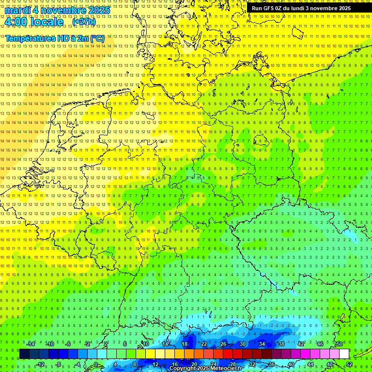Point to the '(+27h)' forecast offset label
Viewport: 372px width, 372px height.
[x=84, y=22]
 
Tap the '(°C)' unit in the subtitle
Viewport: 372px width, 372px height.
[x=96, y=38]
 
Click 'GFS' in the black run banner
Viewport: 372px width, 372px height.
[x=269, y=8]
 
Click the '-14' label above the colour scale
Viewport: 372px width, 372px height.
[x=31, y=344]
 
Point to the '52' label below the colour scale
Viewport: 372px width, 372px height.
[x=350, y=364]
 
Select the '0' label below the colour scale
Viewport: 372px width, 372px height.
[x=95, y=364]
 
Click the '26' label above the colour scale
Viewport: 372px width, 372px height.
[x=223, y=344]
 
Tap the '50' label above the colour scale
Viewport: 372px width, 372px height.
[x=339, y=344]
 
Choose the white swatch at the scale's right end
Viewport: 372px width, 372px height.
[x=344, y=354]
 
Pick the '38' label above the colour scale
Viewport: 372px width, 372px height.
[x=281, y=344]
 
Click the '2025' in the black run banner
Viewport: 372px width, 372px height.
[x=345, y=8]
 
